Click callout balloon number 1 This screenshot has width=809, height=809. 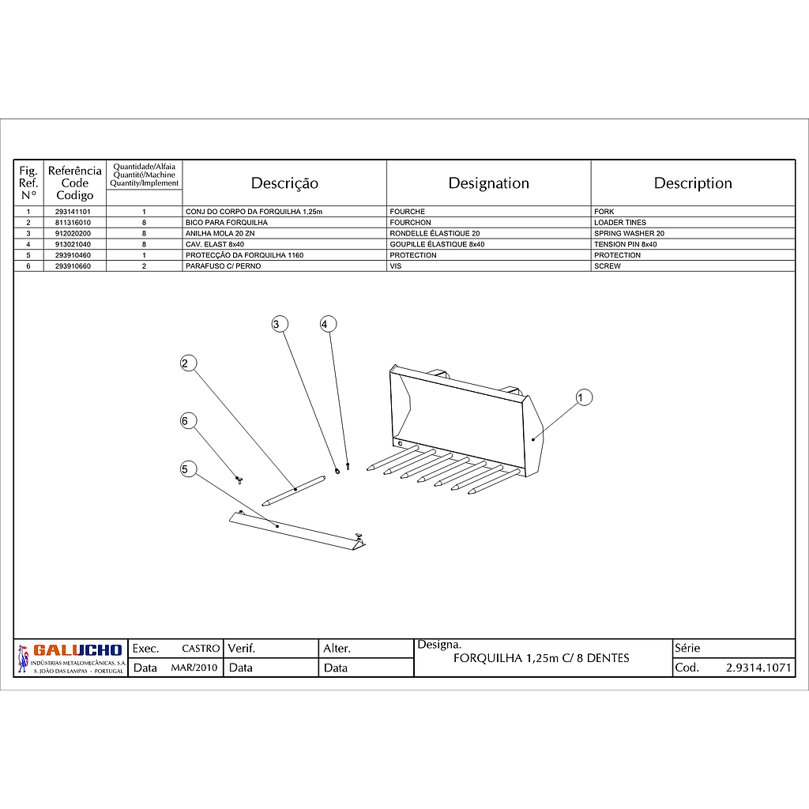pos(584,397)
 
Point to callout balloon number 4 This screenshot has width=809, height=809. pos(328,324)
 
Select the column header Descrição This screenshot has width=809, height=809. pos(284,183)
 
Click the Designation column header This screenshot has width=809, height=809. pos(488,183)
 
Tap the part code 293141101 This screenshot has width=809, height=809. pos(73,212)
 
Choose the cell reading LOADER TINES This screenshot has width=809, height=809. pos(620,223)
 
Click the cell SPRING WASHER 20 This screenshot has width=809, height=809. pos(629,234)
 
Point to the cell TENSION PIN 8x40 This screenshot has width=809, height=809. pos(625,245)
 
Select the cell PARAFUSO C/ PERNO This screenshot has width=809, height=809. pos(223,266)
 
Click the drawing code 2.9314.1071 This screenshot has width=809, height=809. pos(758,668)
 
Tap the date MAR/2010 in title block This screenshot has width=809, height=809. pos(194,668)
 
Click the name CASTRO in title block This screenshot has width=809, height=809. pos(201,649)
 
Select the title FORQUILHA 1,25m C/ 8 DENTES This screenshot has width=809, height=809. pos(541,659)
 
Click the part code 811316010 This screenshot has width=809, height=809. pos(73,223)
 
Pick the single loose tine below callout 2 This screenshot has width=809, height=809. pos(294,490)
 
